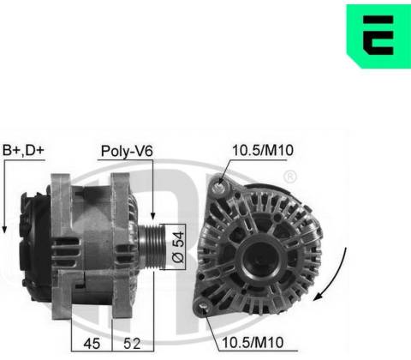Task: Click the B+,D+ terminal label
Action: coord(23,150)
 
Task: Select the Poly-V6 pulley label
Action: coord(127,151)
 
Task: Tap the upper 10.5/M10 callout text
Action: coord(263,150)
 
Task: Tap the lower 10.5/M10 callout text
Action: coord(253,342)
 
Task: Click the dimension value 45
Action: coord(92,343)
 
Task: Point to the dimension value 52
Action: coord(132,343)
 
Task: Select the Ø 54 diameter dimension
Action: coord(178,247)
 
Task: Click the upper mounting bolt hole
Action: coord(220,187)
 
